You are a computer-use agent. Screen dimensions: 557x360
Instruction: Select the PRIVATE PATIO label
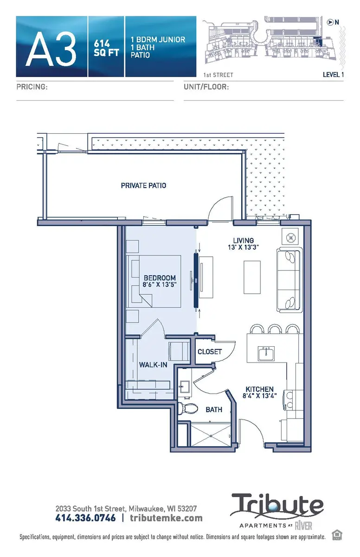(x=143, y=186)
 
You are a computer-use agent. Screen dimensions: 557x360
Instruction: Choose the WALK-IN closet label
(x=153, y=365)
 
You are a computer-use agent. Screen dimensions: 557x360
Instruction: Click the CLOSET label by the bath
(x=210, y=352)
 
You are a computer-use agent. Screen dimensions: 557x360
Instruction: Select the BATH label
(x=214, y=410)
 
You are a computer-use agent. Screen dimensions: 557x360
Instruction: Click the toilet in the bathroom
(x=187, y=409)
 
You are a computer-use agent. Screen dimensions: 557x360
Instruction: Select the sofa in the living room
(x=289, y=280)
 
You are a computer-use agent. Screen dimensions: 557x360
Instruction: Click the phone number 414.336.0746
(x=85, y=518)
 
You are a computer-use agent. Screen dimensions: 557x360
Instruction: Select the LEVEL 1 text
(x=333, y=74)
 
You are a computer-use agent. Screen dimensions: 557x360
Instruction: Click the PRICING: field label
(x=32, y=87)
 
